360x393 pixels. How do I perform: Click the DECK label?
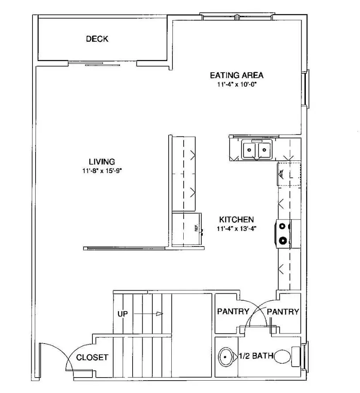pyautogui.click(x=97, y=39)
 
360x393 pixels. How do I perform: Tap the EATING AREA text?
pyautogui.click(x=237, y=75)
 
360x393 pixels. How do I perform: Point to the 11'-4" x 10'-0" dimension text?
pyautogui.click(x=237, y=85)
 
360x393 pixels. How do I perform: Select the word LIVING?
pyautogui.click(x=102, y=162)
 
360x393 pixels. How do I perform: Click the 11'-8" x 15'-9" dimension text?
pyautogui.click(x=102, y=170)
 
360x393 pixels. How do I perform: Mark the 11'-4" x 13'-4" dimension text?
pyautogui.click(x=237, y=228)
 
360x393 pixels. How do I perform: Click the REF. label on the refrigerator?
pyautogui.click(x=196, y=228)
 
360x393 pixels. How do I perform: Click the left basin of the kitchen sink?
pyautogui.click(x=249, y=150)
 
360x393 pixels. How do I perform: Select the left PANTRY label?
pyautogui.click(x=233, y=311)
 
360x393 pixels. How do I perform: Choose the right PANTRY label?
pyautogui.click(x=283, y=311)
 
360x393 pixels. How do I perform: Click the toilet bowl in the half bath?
pyautogui.click(x=282, y=357)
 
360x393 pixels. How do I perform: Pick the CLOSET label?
pyautogui.click(x=92, y=357)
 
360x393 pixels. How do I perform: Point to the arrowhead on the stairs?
pyautogui.click(x=159, y=314)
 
